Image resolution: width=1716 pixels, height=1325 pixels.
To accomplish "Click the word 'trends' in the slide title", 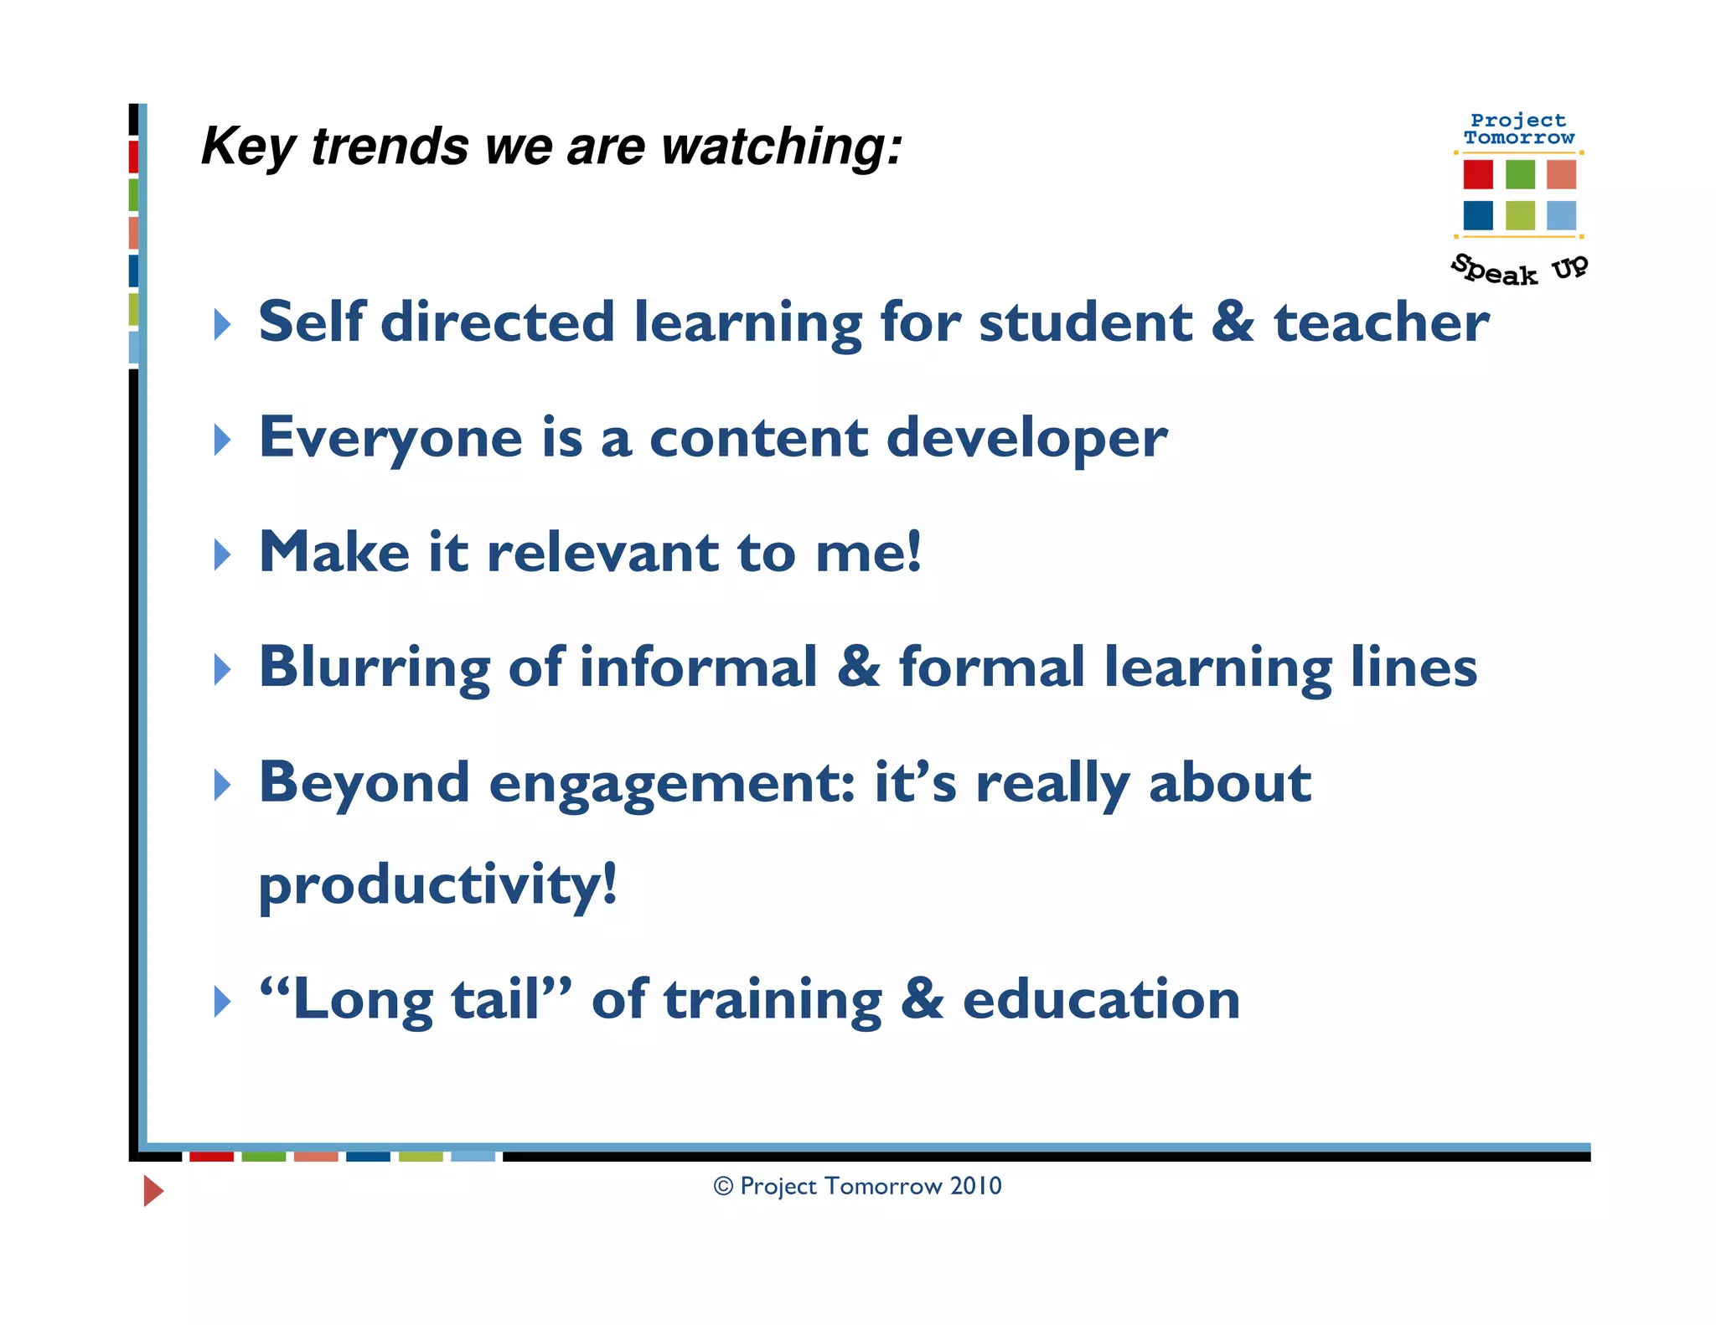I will pyautogui.click(x=389, y=147).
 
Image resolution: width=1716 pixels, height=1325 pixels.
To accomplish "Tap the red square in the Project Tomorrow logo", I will pyautogui.click(x=1478, y=174).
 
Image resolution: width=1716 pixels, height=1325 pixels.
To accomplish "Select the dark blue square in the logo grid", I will pyautogui.click(x=1478, y=215).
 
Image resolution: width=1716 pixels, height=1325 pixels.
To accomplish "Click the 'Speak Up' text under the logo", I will pyautogui.click(x=1518, y=270).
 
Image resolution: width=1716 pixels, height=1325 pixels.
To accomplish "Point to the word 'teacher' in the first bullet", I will pyautogui.click(x=1382, y=322).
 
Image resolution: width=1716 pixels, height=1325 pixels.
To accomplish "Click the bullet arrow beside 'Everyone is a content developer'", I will pyautogui.click(x=222, y=440).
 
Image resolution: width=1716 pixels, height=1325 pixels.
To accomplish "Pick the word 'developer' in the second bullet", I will pyautogui.click(x=1026, y=438).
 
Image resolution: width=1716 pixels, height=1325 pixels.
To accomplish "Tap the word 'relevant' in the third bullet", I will pyautogui.click(x=602, y=553).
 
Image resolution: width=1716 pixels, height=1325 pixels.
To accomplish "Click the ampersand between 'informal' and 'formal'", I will pyautogui.click(x=858, y=668).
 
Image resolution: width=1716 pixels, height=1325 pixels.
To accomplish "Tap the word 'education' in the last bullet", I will pyautogui.click(x=1101, y=999).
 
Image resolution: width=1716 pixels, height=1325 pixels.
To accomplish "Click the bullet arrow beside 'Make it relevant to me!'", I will pyautogui.click(x=222, y=554).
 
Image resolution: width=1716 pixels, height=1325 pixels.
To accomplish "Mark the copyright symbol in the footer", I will pyautogui.click(x=723, y=1187).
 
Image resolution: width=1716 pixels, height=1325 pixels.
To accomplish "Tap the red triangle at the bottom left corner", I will pyautogui.click(x=152, y=1190).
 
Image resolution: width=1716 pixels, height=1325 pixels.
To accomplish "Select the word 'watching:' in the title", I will pyautogui.click(x=782, y=147).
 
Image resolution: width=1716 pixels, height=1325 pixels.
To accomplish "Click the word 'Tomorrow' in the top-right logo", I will pyautogui.click(x=1519, y=138).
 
